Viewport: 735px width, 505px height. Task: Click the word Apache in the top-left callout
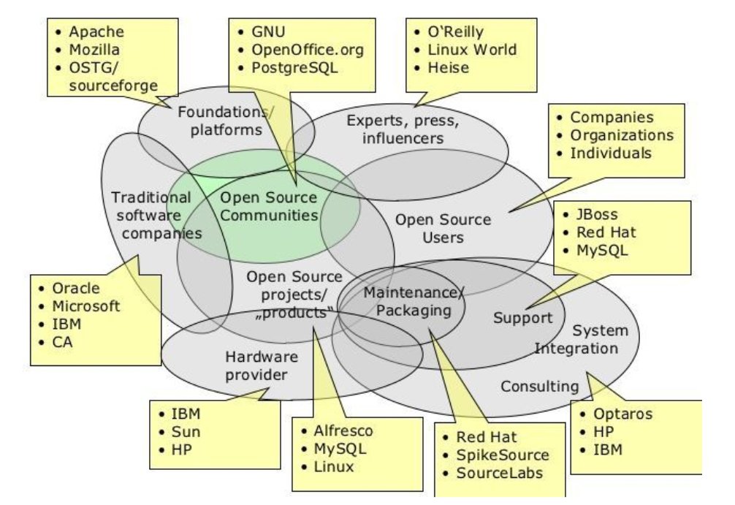click(x=96, y=31)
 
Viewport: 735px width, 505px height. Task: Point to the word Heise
click(x=449, y=68)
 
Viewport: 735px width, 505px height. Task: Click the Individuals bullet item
click(x=611, y=153)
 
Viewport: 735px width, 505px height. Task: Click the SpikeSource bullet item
click(x=503, y=455)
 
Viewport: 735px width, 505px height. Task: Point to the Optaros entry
click(x=622, y=414)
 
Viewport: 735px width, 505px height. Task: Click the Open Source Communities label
click(x=269, y=207)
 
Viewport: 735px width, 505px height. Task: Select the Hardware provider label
click(x=251, y=365)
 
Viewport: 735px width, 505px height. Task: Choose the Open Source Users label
click(x=443, y=228)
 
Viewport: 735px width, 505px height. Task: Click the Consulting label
click(x=539, y=386)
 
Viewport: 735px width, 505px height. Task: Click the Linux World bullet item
click(x=472, y=50)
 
